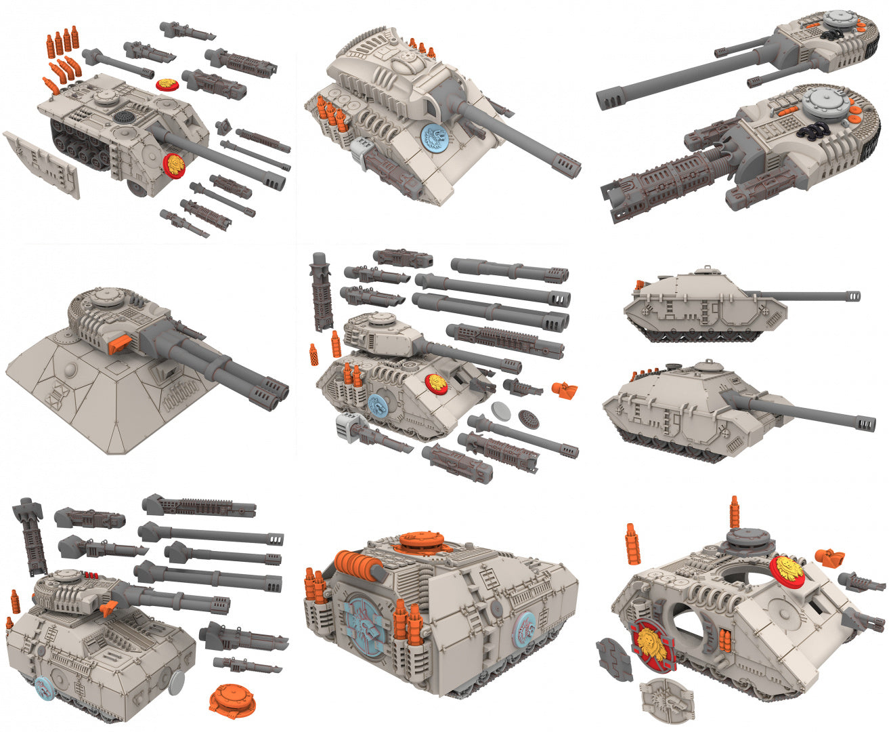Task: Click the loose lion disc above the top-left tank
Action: (x=168, y=83)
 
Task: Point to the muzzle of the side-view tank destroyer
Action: (x=851, y=296)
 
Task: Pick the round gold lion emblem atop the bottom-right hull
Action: (x=787, y=569)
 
